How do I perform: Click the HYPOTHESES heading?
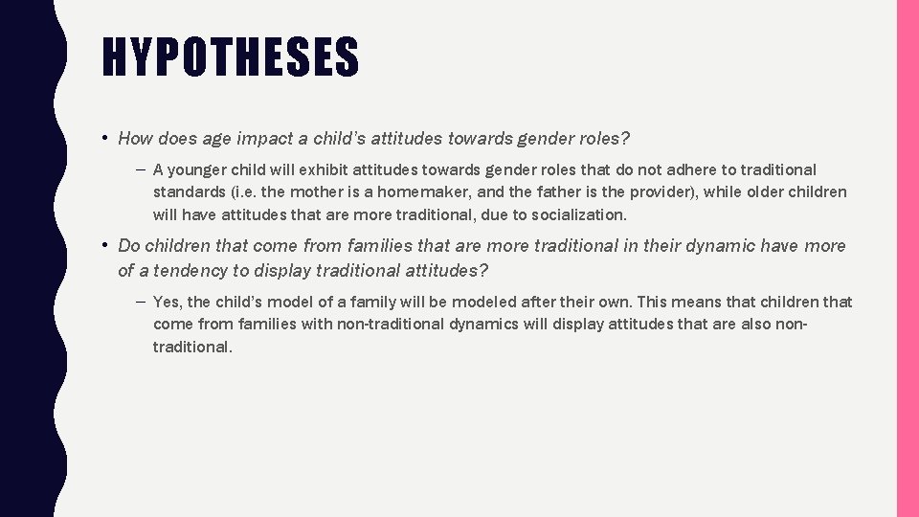point(231,57)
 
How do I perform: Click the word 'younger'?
point(198,169)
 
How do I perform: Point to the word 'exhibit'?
point(321,169)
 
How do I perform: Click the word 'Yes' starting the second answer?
point(168,302)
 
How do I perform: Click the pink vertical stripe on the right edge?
point(908,258)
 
